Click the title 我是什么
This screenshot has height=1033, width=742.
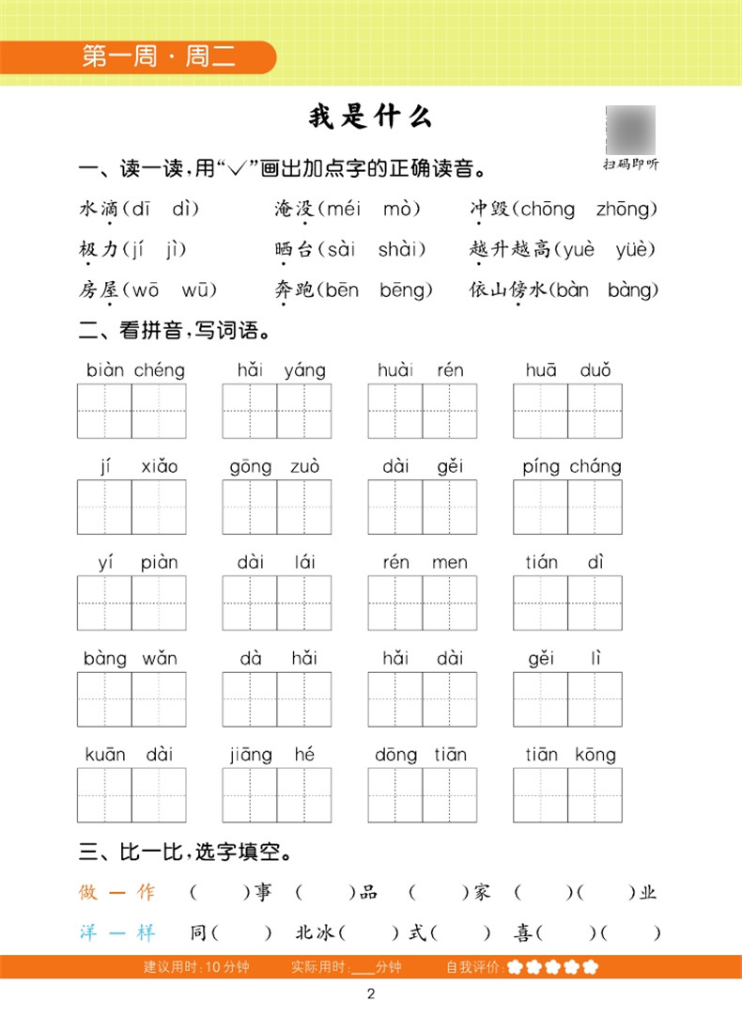(x=370, y=117)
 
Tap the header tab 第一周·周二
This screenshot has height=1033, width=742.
(x=159, y=56)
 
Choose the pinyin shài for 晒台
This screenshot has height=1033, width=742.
(x=402, y=249)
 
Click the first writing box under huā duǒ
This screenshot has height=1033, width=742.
(x=540, y=411)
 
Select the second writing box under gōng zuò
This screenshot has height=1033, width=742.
(x=303, y=507)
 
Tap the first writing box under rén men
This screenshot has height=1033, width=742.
(x=394, y=603)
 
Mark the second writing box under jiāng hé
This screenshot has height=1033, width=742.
(x=303, y=795)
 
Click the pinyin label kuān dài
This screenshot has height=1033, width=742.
(x=131, y=755)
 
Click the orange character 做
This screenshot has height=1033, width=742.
(x=88, y=892)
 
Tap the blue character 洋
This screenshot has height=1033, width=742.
(x=88, y=932)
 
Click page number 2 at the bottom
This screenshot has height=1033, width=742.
(x=371, y=995)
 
